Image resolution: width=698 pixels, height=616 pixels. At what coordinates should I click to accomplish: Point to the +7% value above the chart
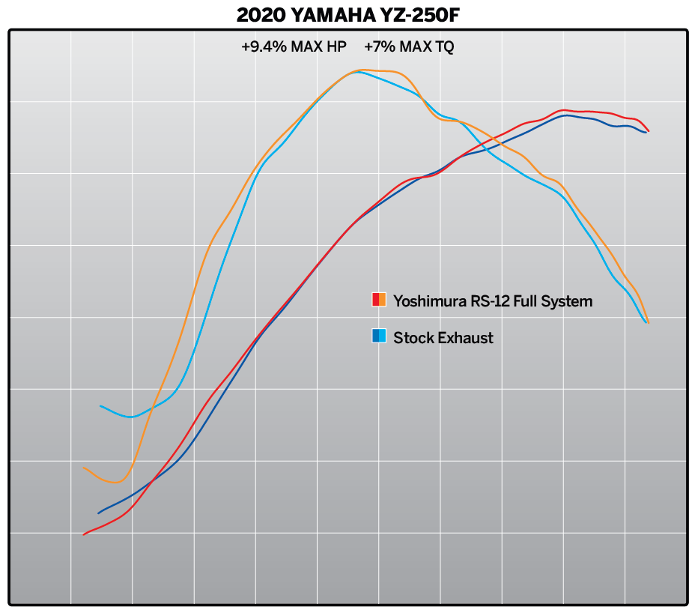[379, 46]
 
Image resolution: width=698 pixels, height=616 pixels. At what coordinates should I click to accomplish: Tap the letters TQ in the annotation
[443, 46]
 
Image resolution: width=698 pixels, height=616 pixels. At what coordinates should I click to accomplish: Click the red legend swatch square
[376, 301]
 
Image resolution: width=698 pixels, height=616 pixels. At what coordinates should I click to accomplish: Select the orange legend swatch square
[383, 301]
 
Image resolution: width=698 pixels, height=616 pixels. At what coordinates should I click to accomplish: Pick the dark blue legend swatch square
[376, 336]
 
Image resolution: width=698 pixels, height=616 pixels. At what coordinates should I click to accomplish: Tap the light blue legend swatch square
[383, 336]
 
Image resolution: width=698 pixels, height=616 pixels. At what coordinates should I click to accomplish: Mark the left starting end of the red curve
[83, 534]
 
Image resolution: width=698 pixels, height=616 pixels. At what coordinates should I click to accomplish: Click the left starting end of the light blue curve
[100, 406]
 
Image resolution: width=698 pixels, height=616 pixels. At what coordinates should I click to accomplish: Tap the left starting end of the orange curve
[83, 468]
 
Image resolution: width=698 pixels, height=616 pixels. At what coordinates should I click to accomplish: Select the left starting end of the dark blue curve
[98, 513]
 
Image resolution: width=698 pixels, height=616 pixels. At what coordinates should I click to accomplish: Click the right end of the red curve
[648, 131]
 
